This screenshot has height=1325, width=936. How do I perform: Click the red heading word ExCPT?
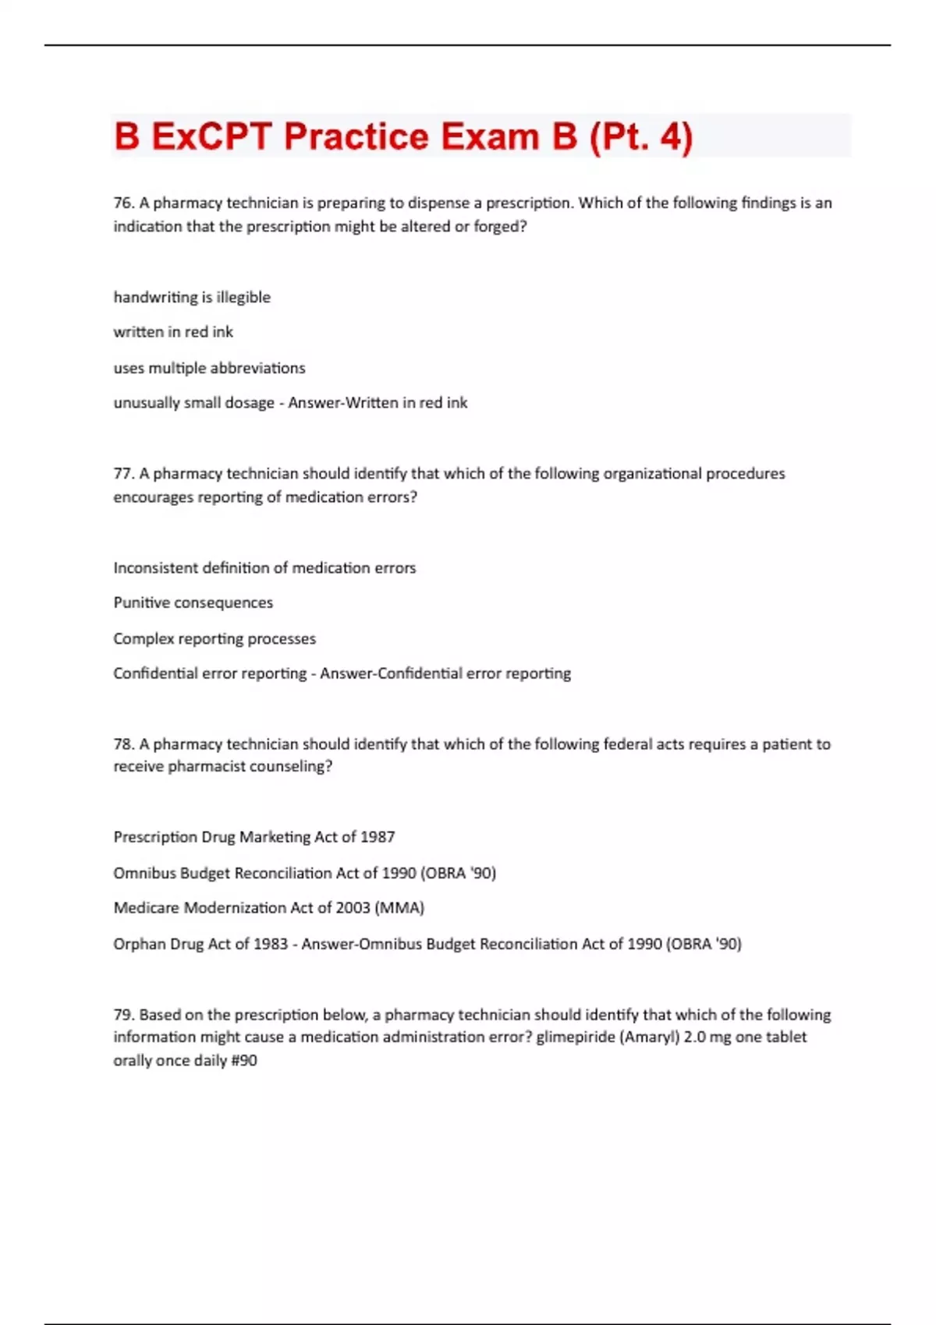point(212,137)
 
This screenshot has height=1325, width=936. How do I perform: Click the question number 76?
point(123,203)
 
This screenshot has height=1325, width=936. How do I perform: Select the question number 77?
point(123,474)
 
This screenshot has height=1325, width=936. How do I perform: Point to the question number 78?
point(123,744)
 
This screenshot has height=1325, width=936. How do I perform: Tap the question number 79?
point(123,1015)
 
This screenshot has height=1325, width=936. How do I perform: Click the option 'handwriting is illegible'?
point(192,297)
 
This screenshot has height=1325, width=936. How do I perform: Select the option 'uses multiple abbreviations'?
point(209,368)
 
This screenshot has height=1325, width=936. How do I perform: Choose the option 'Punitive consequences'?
point(193,602)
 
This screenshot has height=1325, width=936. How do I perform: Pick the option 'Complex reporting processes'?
point(214,638)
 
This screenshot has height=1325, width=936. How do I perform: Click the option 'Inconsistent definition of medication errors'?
point(264,567)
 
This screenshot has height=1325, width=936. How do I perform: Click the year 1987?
point(378,837)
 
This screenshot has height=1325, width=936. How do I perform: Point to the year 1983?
point(271,944)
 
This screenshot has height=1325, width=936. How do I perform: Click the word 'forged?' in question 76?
point(501,227)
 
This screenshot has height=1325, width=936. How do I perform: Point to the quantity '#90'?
point(244,1061)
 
